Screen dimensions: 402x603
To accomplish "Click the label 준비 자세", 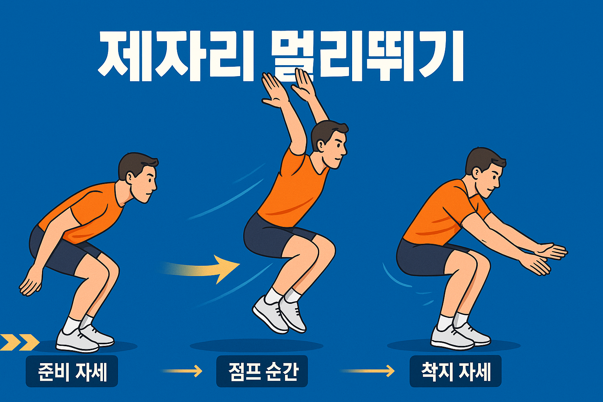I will [72, 371].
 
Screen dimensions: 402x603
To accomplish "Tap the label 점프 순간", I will [262, 371].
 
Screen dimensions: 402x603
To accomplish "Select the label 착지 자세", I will [455, 371].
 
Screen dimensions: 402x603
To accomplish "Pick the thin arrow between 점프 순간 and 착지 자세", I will [367, 371].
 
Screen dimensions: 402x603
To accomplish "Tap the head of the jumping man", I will [329, 143].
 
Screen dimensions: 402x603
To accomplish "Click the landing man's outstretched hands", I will [548, 257].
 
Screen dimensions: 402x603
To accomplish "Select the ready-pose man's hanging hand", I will [31, 282].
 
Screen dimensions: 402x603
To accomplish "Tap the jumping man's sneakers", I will [279, 314].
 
